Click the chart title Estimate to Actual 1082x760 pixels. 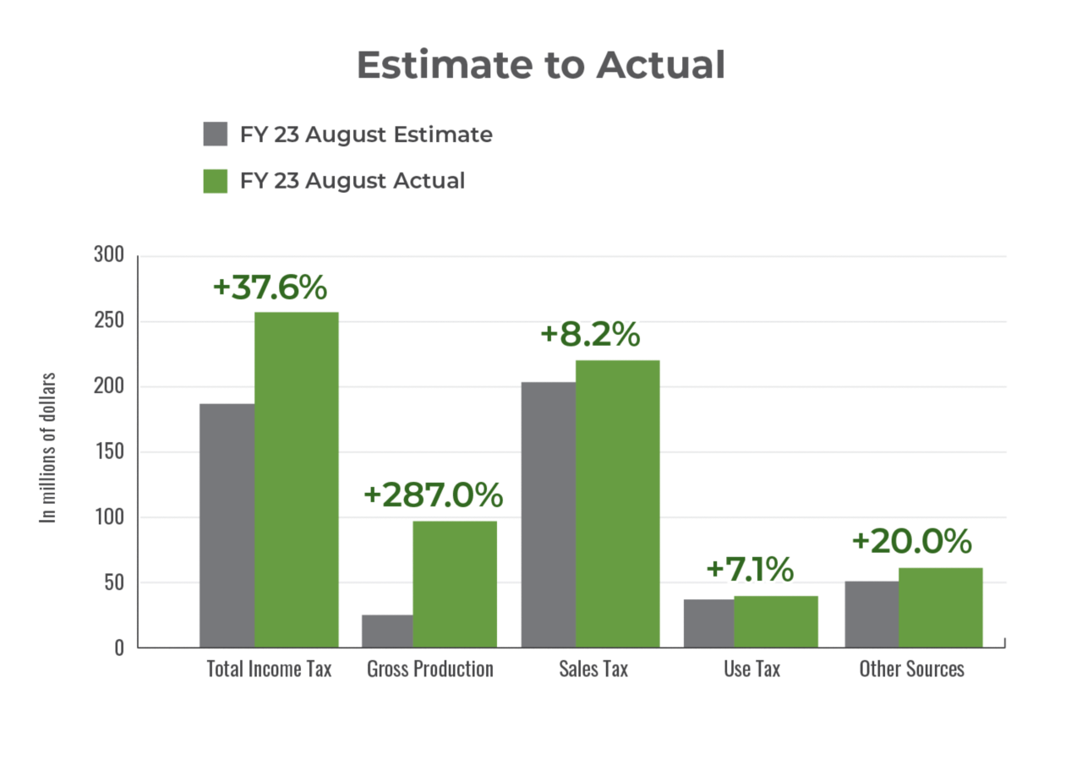pos(541,65)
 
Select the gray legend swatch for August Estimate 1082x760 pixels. pos(216,134)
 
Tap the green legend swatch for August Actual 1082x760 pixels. pos(216,181)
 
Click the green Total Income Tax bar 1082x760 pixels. pos(297,478)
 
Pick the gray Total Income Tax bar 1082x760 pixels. pos(226,524)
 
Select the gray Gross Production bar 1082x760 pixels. pos(385,630)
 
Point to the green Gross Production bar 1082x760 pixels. pos(455,583)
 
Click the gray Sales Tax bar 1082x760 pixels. pos(547,513)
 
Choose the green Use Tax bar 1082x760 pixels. pos(776,621)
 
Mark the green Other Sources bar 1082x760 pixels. pos(941,606)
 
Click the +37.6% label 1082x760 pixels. pos(270,287)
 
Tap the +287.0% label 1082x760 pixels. pos(433,495)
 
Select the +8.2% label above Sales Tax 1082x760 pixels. pos(589,335)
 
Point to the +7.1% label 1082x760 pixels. pos(749,569)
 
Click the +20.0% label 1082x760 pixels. pos(911,542)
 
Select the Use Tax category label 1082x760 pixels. pos(751,670)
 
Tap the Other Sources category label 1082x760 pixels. pos(911,670)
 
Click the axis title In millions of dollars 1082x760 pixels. pos(49,447)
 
